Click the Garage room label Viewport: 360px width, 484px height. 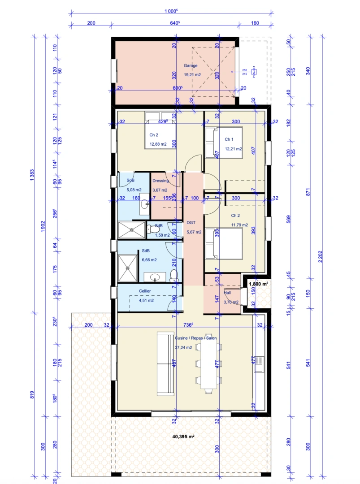click(x=190, y=65)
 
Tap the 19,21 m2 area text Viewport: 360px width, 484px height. click(x=192, y=75)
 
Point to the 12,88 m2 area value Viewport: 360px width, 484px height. click(x=157, y=144)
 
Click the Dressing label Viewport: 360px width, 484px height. click(x=160, y=181)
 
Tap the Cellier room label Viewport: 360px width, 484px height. click(x=145, y=291)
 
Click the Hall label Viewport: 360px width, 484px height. click(x=227, y=293)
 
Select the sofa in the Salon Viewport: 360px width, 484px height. click(x=165, y=364)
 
